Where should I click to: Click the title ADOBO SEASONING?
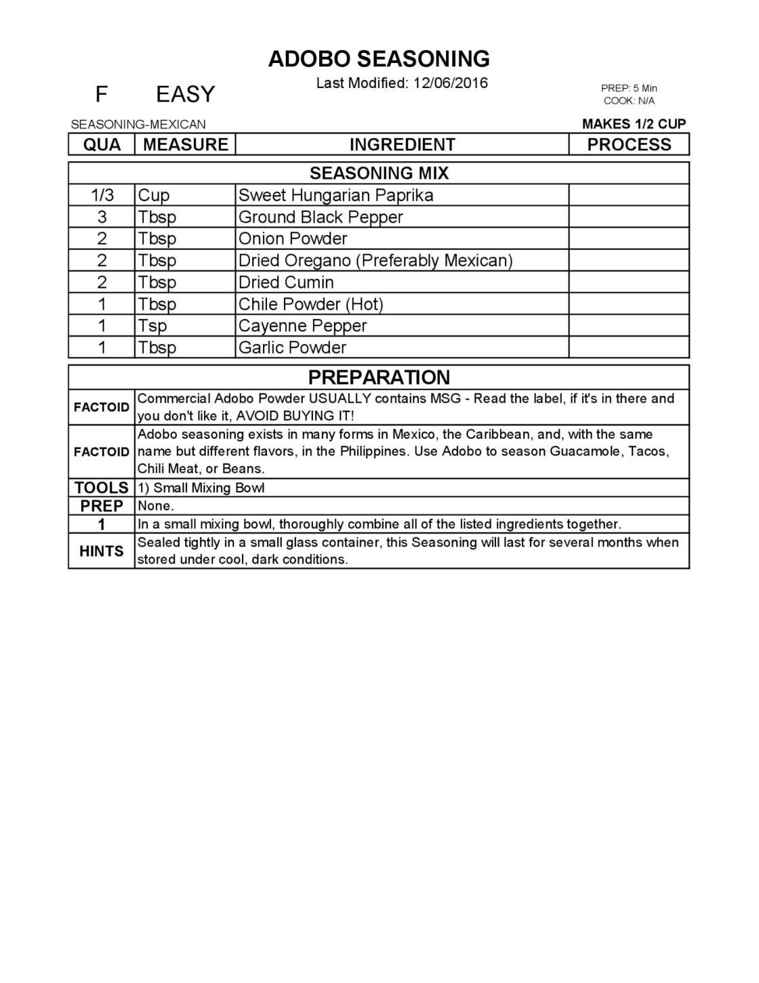(x=379, y=59)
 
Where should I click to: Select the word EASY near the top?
(x=185, y=94)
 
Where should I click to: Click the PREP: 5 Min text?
(x=629, y=88)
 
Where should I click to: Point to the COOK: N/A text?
(x=629, y=101)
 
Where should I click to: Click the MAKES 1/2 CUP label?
(x=634, y=124)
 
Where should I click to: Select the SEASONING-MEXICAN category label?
(x=138, y=125)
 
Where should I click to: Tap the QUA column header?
(x=102, y=145)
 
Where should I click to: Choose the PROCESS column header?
(x=629, y=145)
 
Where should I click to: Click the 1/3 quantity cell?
(x=102, y=196)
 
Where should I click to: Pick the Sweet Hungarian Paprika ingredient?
(x=335, y=196)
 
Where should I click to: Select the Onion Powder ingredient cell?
(x=293, y=239)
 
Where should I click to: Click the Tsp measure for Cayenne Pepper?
(x=152, y=326)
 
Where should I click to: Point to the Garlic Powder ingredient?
(x=293, y=348)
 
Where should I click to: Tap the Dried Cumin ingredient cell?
(x=286, y=283)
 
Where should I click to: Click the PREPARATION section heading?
(x=379, y=377)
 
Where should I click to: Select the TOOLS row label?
(x=102, y=488)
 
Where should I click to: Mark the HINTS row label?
(x=102, y=551)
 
